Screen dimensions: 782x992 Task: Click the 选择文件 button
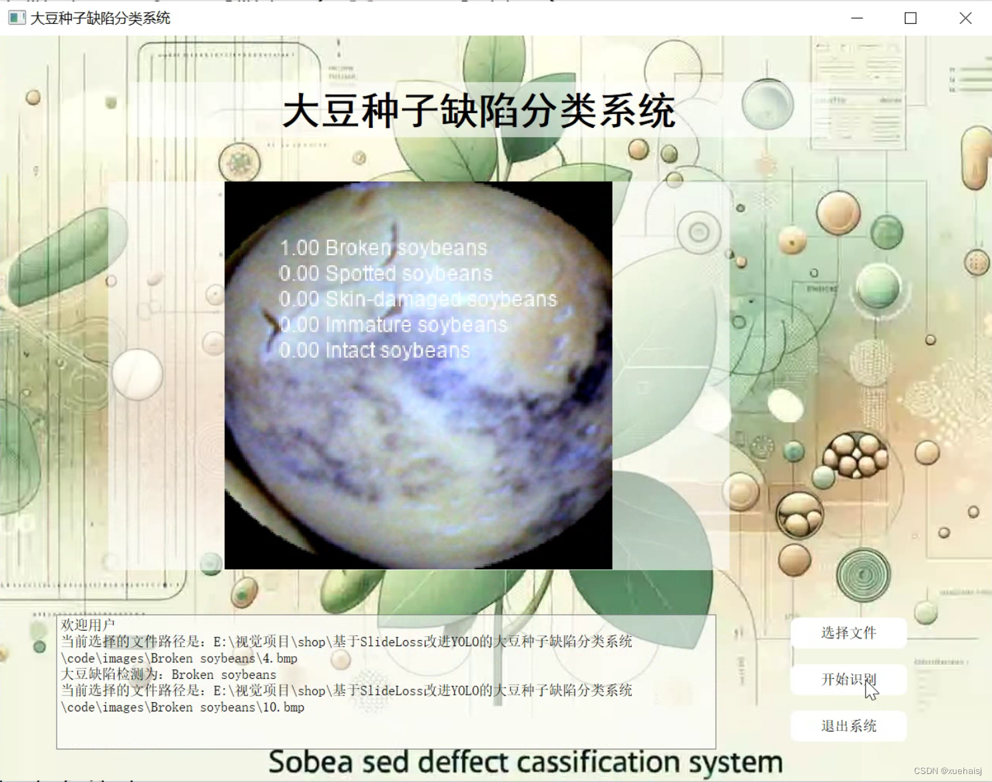[848, 633]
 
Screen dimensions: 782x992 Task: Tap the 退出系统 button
[848, 726]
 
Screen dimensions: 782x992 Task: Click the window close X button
[965, 18]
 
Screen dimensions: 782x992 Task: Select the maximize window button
[911, 18]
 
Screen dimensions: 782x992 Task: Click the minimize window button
[857, 18]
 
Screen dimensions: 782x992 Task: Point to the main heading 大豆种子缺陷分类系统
[479, 111]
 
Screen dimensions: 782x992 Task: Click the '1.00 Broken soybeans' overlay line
[383, 248]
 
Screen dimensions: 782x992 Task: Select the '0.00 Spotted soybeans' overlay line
[385, 273]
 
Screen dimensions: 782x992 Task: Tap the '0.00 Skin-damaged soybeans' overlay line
[417, 299]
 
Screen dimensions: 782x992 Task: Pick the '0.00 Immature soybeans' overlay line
[393, 324]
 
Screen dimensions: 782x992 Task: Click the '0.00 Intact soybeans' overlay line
[374, 350]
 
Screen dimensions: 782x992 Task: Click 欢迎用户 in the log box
[88, 625]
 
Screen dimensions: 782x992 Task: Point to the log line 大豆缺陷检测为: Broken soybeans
[168, 674]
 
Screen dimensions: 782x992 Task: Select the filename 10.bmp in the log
[284, 707]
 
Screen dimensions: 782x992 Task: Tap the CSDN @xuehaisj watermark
[947, 771]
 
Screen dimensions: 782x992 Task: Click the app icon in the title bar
[17, 18]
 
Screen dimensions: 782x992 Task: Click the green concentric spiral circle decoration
[864, 574]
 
